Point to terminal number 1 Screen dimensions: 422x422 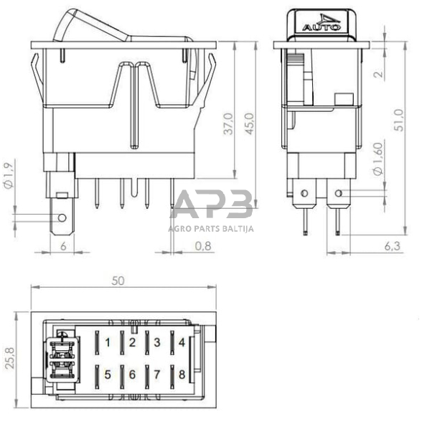tap(108, 342)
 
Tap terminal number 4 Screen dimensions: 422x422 tap(182, 342)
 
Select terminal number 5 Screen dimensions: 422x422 tap(108, 373)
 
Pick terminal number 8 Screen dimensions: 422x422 tap(182, 373)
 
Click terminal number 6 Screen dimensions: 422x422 tap(132, 373)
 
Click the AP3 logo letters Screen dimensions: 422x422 tap(212, 205)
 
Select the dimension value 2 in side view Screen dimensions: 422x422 tap(379, 72)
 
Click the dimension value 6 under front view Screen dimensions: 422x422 tap(63, 246)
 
